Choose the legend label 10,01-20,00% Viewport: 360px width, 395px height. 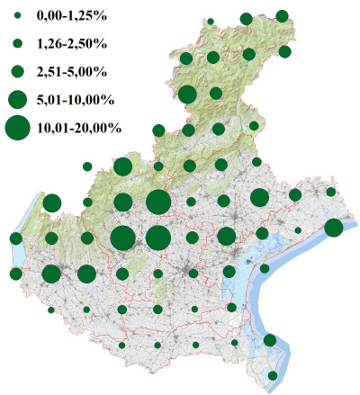click(79, 128)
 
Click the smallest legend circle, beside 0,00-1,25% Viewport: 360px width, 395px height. click(17, 16)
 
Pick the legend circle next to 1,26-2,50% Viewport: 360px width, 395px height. click(17, 43)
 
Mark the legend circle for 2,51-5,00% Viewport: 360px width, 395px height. click(17, 70)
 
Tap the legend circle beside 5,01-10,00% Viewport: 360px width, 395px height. click(17, 97)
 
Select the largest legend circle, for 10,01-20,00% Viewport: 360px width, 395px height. click(17, 128)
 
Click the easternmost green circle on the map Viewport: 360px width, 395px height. click(333, 228)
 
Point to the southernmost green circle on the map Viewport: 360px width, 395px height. click(273, 375)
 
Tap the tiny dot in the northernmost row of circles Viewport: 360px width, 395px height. click(210, 21)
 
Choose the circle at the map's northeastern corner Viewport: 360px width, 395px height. click(282, 15)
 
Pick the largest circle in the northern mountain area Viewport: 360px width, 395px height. click(188, 94)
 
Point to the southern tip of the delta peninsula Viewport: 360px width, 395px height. click(270, 387)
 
